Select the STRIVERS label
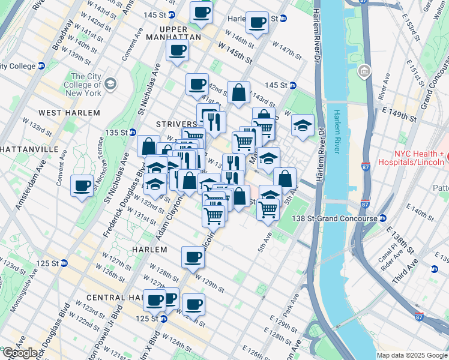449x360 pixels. pyautogui.click(x=176, y=124)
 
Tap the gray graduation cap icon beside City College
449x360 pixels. pyautogui.click(x=110, y=84)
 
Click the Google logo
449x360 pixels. pyautogui.click(x=20, y=353)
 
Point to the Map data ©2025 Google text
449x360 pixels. pyautogui.click(x=411, y=355)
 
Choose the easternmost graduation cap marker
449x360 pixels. pyautogui.click(x=303, y=125)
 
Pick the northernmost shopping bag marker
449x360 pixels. pyautogui.click(x=238, y=92)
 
